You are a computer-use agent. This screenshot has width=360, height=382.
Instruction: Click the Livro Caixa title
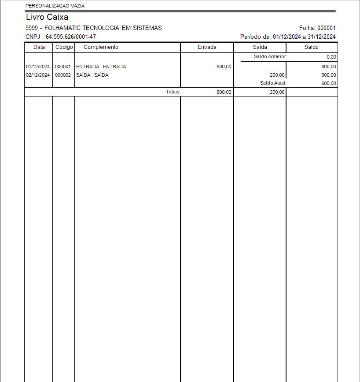click(47, 18)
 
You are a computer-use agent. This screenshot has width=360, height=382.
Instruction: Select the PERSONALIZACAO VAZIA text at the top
click(55, 6)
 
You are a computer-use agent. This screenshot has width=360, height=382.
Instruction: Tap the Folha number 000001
click(327, 28)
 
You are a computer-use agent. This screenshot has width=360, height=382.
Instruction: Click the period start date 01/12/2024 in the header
click(287, 37)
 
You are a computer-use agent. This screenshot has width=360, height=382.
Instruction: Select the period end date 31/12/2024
click(322, 37)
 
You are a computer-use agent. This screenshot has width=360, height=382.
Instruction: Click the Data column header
click(39, 47)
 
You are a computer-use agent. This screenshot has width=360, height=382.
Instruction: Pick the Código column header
click(64, 47)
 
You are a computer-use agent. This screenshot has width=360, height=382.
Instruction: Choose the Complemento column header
click(101, 47)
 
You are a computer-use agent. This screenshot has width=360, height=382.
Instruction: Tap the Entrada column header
click(207, 47)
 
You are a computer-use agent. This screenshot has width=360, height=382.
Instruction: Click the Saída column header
click(260, 47)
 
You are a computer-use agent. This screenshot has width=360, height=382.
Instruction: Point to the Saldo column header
click(312, 47)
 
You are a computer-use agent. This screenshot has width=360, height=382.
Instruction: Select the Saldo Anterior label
click(270, 57)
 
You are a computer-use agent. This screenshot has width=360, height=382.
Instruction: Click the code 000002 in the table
click(63, 75)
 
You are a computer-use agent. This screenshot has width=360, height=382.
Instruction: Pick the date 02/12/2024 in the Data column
click(38, 75)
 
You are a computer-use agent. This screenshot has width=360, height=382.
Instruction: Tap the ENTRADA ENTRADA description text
click(101, 67)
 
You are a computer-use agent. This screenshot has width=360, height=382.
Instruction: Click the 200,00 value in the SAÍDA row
click(277, 75)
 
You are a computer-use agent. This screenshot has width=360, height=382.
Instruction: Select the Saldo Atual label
click(273, 83)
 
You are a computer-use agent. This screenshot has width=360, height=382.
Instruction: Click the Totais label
click(173, 92)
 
